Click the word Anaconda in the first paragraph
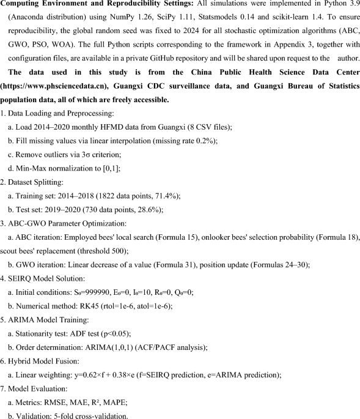[38, 20]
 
